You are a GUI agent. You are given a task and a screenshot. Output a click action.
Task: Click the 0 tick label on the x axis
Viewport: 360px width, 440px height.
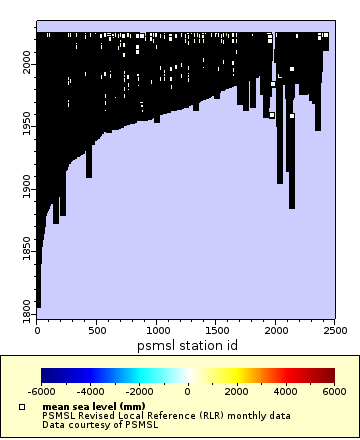(37, 330)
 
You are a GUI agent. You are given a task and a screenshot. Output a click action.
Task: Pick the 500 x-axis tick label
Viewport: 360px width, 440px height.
(97, 330)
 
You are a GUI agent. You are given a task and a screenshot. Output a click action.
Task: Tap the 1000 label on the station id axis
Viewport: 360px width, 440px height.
(157, 330)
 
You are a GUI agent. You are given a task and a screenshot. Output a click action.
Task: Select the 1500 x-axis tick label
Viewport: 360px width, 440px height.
(216, 330)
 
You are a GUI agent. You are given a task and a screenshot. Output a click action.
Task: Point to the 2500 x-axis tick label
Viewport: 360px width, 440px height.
(335, 330)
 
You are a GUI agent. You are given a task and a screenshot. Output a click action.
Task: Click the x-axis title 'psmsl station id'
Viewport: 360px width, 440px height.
(186, 345)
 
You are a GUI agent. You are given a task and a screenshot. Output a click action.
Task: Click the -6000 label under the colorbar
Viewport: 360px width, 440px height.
(41, 392)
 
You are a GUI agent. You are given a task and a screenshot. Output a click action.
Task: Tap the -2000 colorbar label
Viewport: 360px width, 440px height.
(139, 392)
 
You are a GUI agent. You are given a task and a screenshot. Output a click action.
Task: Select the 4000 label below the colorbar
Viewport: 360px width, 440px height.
(285, 392)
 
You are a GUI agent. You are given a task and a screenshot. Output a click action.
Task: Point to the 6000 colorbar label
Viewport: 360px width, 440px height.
(334, 392)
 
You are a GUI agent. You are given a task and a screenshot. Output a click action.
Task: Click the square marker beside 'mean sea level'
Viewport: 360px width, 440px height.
(22, 407)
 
